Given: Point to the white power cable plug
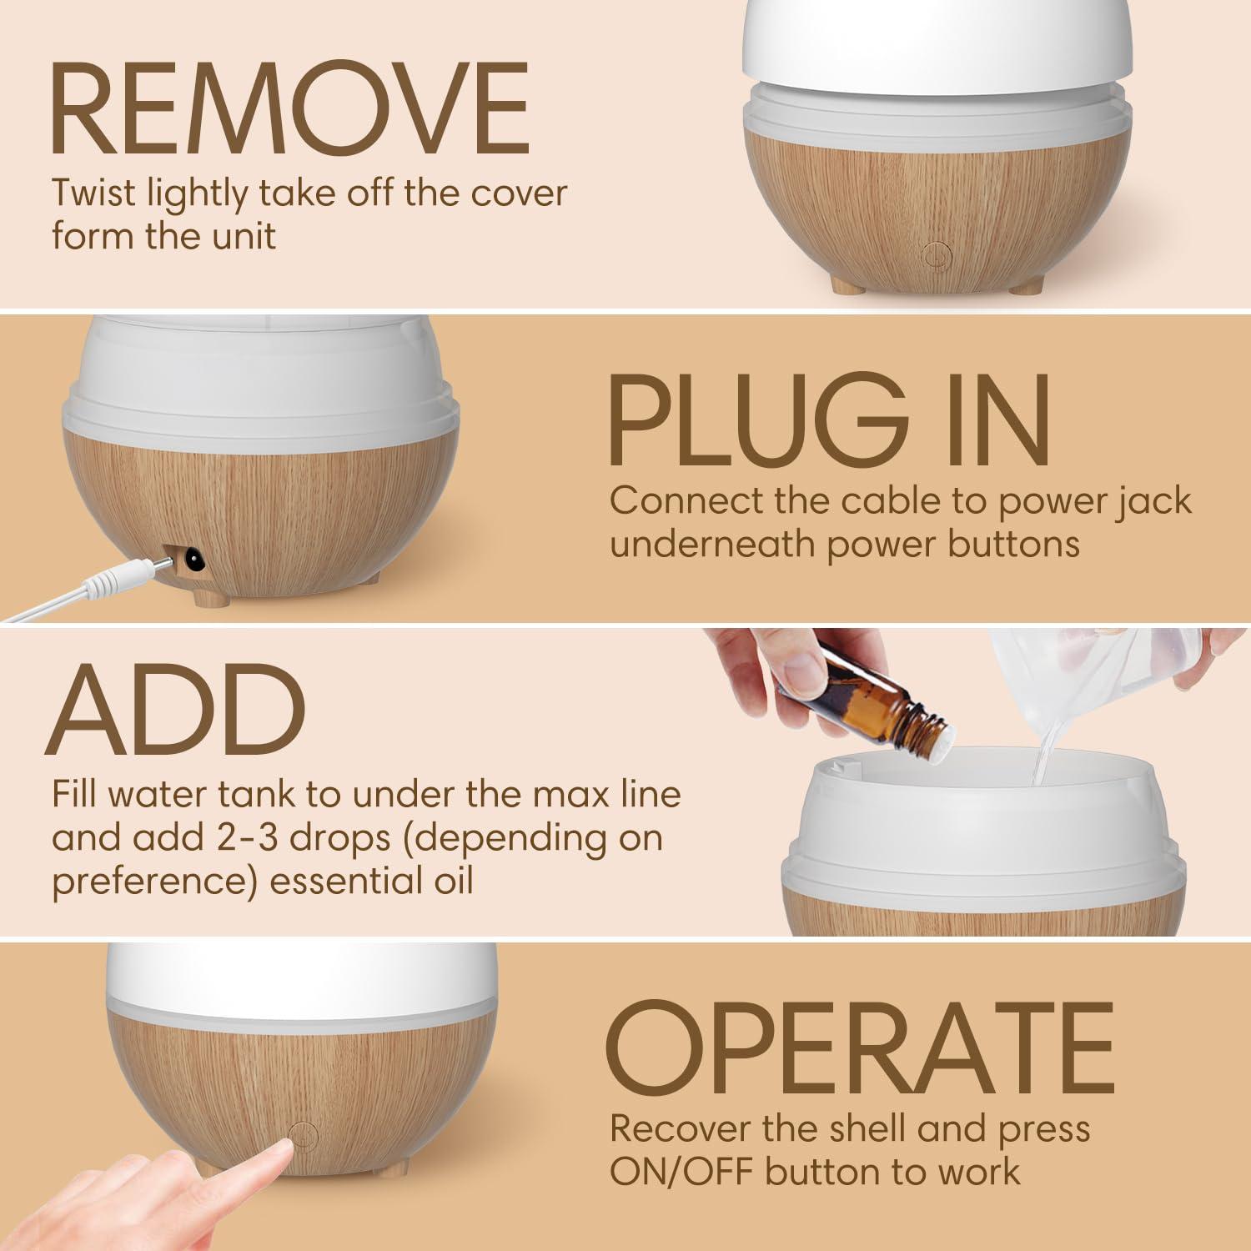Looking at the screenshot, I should (x=125, y=575).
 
